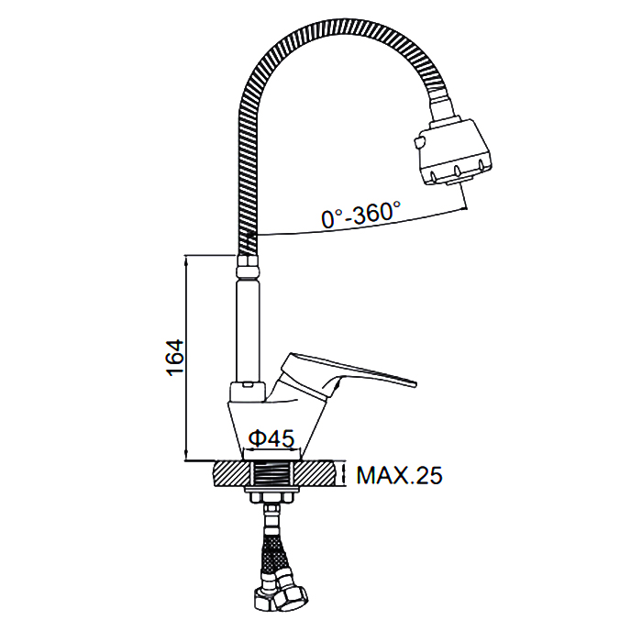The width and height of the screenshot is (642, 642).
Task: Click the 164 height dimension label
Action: [175, 358]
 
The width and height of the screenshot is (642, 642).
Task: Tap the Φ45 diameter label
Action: [271, 438]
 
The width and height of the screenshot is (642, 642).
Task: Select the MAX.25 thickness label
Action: [399, 475]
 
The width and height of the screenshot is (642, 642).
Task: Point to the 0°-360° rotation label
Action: [361, 214]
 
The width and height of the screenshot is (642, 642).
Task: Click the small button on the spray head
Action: [418, 143]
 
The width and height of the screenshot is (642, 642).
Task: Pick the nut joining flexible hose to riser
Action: [249, 266]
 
